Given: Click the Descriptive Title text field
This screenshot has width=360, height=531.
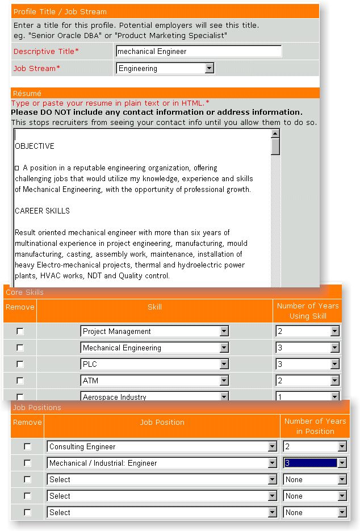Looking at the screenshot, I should click(199, 51).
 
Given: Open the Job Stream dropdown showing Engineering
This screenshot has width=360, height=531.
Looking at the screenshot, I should click(165, 68).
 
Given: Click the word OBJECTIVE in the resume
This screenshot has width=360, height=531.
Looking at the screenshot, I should click(35, 146).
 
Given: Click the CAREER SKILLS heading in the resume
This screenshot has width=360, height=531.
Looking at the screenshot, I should click(42, 211).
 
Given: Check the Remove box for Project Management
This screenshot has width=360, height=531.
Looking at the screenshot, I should click(20, 331).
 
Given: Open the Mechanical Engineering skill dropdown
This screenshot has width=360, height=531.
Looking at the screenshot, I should click(154, 348).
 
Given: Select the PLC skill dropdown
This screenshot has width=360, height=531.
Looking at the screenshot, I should click(154, 364).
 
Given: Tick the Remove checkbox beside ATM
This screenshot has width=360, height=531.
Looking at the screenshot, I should click(20, 381).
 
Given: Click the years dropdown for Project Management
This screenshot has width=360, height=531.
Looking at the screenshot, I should click(307, 331).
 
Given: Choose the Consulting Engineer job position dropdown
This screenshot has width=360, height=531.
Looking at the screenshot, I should click(162, 447).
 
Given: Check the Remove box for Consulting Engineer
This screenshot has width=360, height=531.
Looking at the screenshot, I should click(27, 447).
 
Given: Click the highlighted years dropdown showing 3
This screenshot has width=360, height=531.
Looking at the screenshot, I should click(315, 463).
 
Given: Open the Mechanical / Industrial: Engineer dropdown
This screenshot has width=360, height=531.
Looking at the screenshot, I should click(162, 463).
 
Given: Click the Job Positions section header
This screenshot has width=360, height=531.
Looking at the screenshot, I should click(37, 407).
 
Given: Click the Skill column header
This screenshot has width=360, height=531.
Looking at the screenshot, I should click(154, 307).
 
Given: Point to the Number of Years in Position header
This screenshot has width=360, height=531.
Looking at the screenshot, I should click(315, 426).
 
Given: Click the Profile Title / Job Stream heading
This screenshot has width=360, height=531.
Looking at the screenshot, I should click(60, 11).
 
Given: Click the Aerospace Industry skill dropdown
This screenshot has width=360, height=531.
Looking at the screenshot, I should click(154, 396).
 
